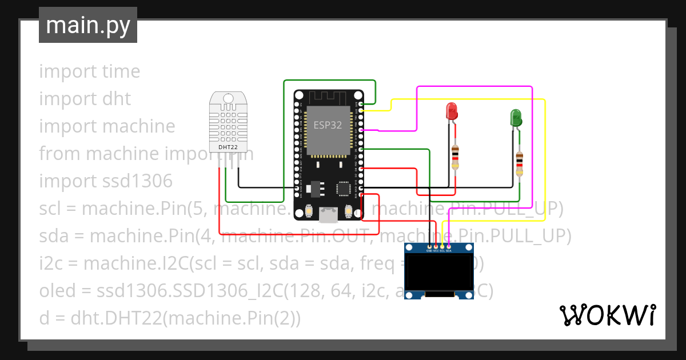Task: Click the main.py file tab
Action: [x=87, y=25]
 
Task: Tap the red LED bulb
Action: [x=452, y=111]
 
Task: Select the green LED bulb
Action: [x=516, y=118]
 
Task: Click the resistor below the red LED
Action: [x=455, y=157]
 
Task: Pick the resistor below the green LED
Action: [x=519, y=163]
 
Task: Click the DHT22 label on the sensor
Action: [x=228, y=147]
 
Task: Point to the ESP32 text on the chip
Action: [x=328, y=125]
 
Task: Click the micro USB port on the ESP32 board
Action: [x=328, y=215]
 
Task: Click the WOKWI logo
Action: [x=607, y=315]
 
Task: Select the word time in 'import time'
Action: [x=121, y=71]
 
